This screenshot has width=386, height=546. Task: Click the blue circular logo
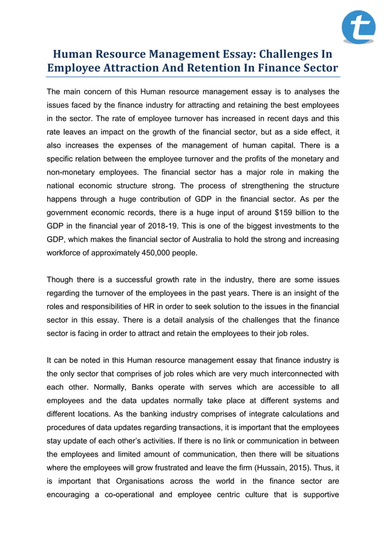359,27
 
